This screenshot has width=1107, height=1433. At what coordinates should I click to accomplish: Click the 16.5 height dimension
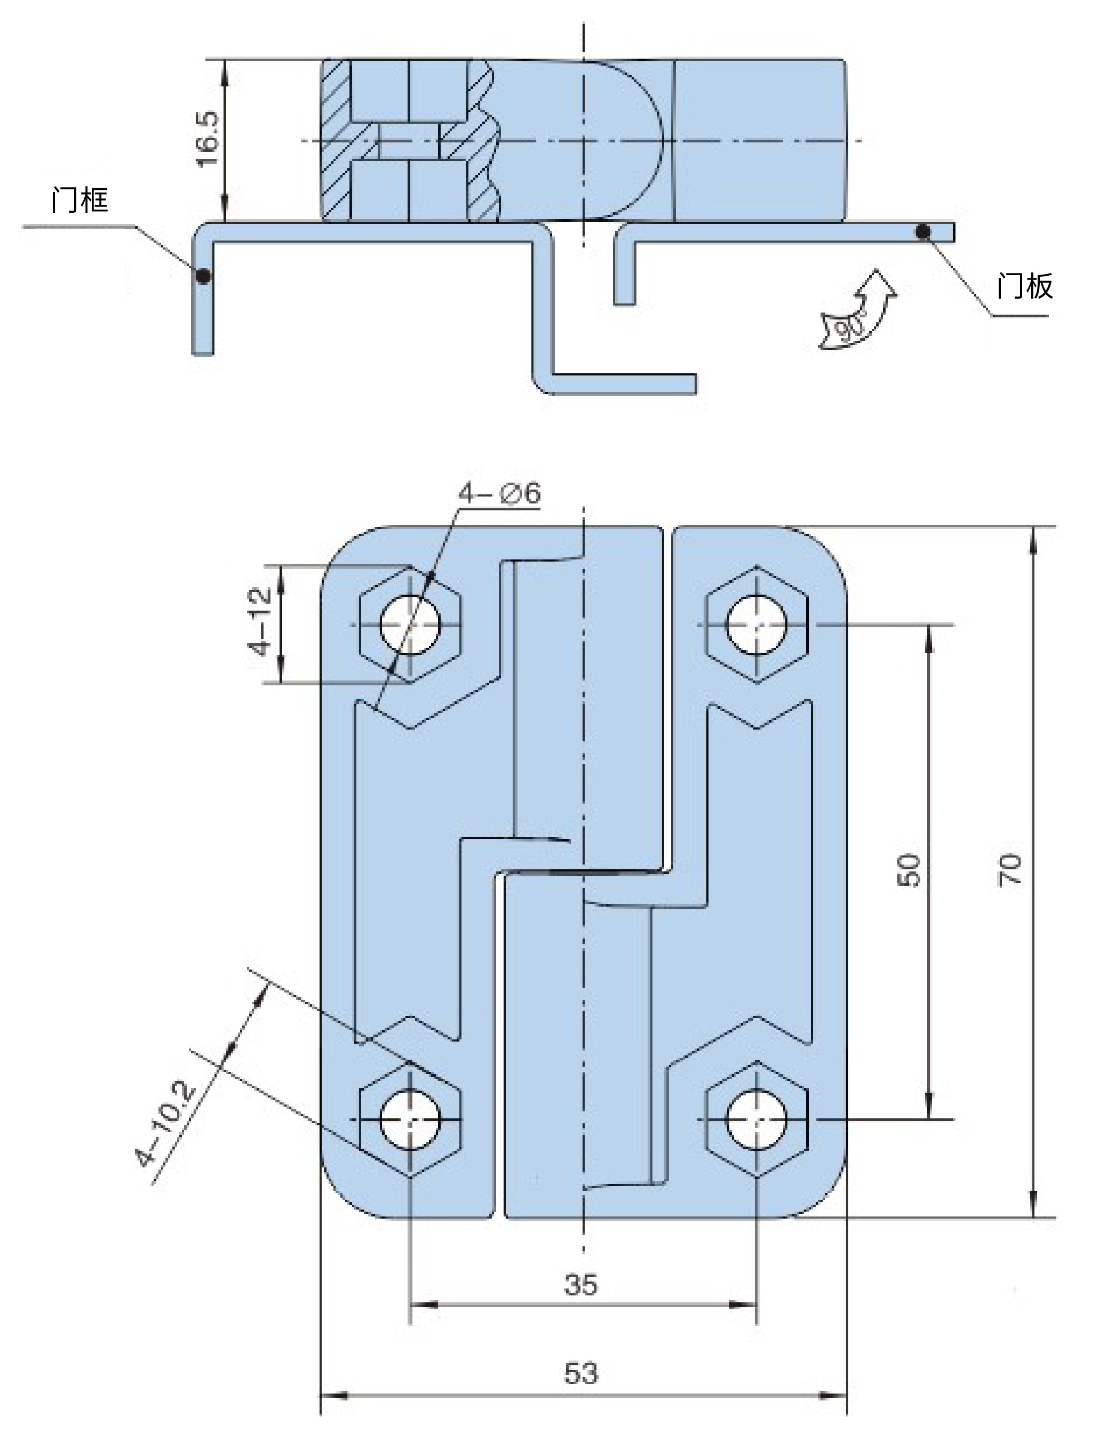[x=208, y=139]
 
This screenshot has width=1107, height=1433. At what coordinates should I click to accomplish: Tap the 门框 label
[x=79, y=199]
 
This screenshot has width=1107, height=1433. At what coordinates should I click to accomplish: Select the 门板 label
[x=1024, y=286]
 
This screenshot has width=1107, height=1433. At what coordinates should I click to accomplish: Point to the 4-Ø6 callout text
[x=499, y=493]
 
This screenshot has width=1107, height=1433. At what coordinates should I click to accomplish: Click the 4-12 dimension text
[x=260, y=621]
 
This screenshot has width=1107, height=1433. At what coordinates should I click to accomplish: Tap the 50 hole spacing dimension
[x=909, y=871]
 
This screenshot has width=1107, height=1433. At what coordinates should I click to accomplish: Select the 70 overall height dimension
[x=1010, y=871]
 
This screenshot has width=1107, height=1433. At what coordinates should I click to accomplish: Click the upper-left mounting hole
[x=410, y=625]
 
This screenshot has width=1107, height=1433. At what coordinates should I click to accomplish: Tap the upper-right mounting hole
[x=756, y=625]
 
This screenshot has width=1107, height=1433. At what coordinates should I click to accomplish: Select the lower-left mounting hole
[x=410, y=1119]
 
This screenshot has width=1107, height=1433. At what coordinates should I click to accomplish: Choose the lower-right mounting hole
[x=756, y=1119]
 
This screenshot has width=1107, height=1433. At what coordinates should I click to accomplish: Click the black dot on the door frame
[x=203, y=276]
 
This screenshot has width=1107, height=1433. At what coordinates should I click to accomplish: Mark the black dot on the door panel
[x=922, y=231]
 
